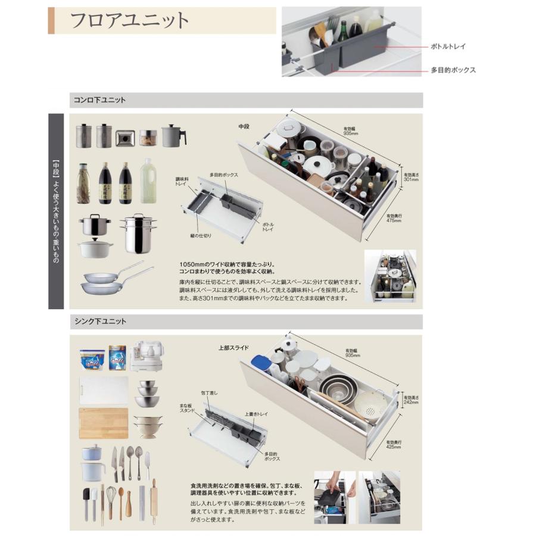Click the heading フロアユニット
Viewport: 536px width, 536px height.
click(x=130, y=20)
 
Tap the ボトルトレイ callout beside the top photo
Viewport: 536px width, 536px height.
click(x=447, y=46)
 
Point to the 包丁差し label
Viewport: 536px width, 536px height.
click(x=210, y=393)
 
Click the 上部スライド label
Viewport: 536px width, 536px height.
click(x=233, y=347)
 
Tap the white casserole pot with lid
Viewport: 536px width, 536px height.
click(x=95, y=247)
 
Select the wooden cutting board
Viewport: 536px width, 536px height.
click(x=104, y=423)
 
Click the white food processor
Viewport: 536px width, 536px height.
click(x=147, y=356)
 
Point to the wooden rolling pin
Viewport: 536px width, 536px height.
click(x=154, y=501)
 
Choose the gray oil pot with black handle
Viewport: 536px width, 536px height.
click(x=173, y=136)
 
